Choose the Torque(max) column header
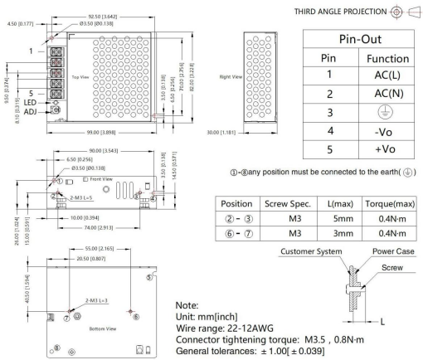pos(384,203)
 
